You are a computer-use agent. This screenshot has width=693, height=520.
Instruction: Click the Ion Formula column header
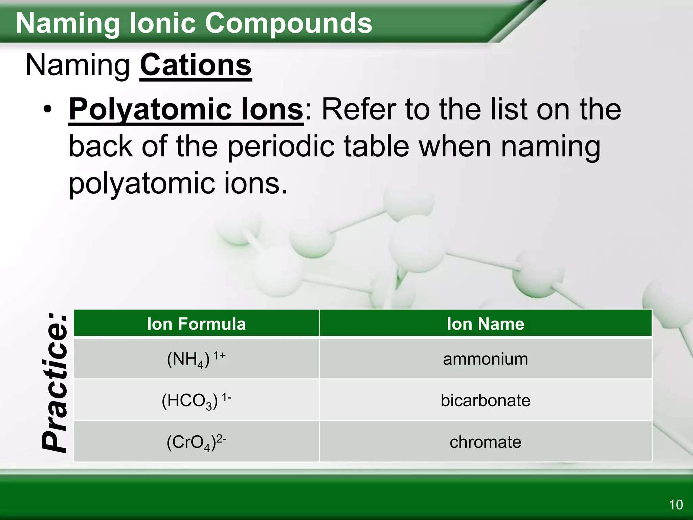[196, 324]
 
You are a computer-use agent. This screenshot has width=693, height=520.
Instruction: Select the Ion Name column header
[486, 324]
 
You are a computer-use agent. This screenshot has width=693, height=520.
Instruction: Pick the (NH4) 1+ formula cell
[196, 359]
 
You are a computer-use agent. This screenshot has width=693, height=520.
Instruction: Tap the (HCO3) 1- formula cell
[196, 400]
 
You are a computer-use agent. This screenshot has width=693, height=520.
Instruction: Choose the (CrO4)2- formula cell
[196, 442]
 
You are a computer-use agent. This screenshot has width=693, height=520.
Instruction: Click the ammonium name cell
[486, 359]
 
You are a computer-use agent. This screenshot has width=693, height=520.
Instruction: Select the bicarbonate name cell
[486, 400]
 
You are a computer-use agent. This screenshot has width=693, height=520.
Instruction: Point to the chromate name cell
[486, 442]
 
